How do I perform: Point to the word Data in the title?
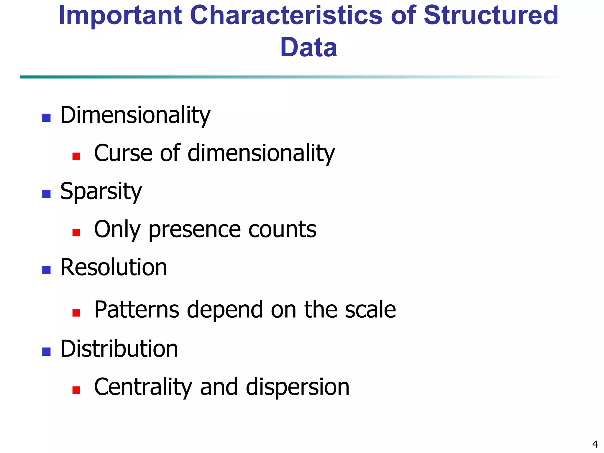pos(308,48)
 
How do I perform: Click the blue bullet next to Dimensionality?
pos(47,118)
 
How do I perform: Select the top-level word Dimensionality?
pos(135,115)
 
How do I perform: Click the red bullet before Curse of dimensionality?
pos(76,156)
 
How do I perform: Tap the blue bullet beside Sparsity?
pos(47,194)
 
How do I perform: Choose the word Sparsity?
pos(101,191)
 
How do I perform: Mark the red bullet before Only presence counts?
pos(76,232)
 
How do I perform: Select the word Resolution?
pos(114,267)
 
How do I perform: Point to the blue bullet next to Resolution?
pos(47,270)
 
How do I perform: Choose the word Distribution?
pos(119,349)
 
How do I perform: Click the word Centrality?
pos(143,387)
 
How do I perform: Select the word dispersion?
pos(298,387)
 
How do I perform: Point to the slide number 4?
pos(595,444)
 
